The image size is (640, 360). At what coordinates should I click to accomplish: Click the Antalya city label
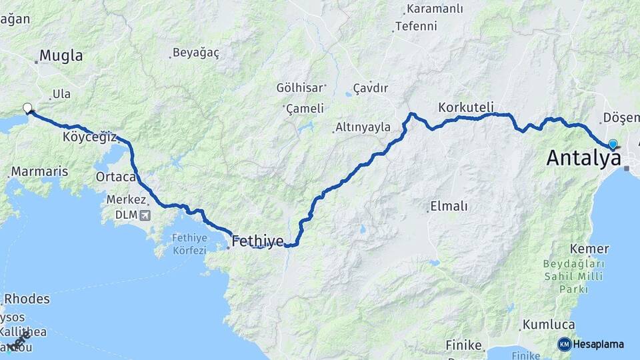coord(583,158)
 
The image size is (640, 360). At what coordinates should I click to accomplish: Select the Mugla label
coord(61,55)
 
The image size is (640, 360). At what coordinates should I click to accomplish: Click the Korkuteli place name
coord(466,107)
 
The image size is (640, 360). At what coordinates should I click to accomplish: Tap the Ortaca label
coord(116,177)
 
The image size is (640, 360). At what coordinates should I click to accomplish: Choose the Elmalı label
coord(449,206)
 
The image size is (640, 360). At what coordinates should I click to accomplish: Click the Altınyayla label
coord(363,127)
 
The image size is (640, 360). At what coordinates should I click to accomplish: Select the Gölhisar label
coord(300,87)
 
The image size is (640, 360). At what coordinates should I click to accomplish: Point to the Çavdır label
coord(371,88)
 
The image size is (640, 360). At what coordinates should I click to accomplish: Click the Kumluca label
coord(548,325)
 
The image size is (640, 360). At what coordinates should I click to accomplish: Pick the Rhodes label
coord(27,299)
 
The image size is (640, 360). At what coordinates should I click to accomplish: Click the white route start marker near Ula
coord(27,108)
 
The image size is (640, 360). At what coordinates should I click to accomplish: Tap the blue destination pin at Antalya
coord(613,144)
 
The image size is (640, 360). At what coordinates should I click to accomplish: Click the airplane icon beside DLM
coord(145,215)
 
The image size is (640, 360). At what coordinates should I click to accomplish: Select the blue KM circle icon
coord(564,344)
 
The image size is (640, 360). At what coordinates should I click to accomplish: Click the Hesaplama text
coord(598,344)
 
